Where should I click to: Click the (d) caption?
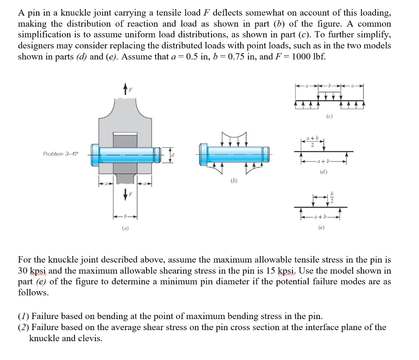tap(324, 172)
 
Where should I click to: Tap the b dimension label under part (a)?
tap(124, 215)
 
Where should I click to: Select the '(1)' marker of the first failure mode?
tap(23, 316)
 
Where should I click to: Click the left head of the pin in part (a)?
tap(95, 154)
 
